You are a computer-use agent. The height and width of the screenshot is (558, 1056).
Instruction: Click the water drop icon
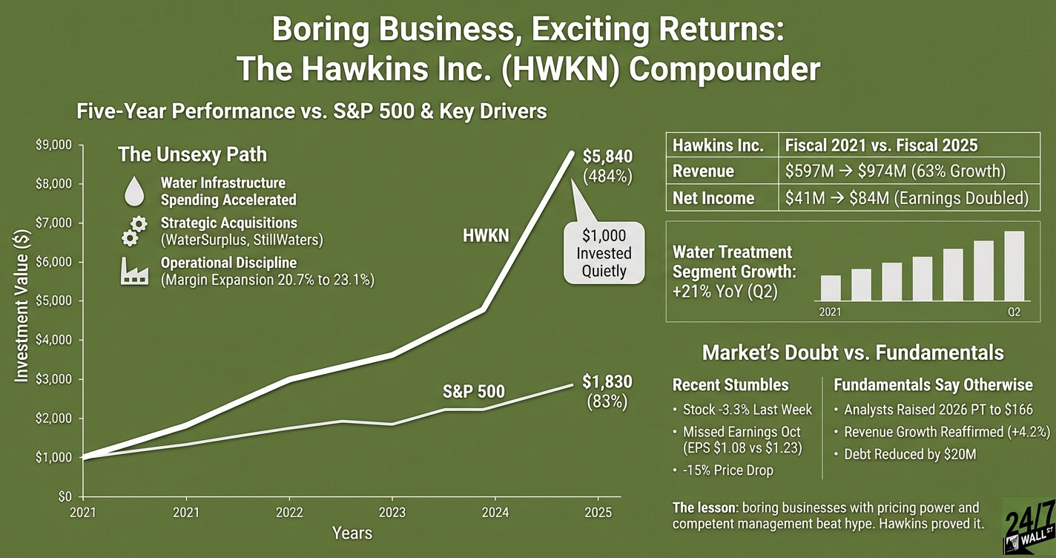tap(134, 191)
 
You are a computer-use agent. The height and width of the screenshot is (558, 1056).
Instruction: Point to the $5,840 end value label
tap(607, 157)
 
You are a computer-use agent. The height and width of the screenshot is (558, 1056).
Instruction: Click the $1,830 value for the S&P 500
tap(607, 382)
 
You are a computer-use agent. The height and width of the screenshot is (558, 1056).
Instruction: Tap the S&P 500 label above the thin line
tap(473, 391)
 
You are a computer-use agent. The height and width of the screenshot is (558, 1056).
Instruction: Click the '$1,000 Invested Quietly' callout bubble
tap(604, 253)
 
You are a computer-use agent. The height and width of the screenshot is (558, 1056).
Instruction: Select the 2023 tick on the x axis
tap(392, 512)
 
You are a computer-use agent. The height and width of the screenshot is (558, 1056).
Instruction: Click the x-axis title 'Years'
tap(352, 533)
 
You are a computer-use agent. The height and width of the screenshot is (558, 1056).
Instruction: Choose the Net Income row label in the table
tap(713, 198)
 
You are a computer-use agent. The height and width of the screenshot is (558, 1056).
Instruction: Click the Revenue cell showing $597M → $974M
tap(895, 171)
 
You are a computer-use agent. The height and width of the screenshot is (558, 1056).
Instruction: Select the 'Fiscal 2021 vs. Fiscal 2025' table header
tap(880, 145)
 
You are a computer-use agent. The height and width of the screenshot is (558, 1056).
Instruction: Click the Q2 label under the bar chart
tap(1014, 312)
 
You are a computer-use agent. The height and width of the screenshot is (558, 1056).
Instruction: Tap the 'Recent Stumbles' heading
tap(730, 385)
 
